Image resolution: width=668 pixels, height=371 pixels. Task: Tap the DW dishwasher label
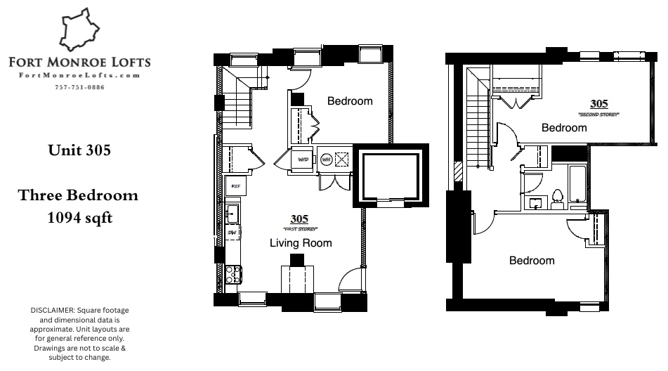pyautogui.click(x=231, y=232)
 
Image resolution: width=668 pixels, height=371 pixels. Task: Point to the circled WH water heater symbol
pyautogui.click(x=326, y=160)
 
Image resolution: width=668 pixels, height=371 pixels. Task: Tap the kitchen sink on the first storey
pyautogui.click(x=232, y=211)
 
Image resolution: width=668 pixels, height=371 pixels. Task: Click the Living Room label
pyautogui.click(x=301, y=243)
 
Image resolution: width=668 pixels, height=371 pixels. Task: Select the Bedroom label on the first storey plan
pyautogui.click(x=350, y=101)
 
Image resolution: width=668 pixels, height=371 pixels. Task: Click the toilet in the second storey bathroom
pyautogui.click(x=558, y=199)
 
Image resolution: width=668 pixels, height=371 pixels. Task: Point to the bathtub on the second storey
pyautogui.click(x=578, y=186)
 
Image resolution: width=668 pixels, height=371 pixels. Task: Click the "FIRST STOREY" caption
pyautogui.click(x=301, y=230)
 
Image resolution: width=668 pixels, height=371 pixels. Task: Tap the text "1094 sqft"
pyautogui.click(x=79, y=218)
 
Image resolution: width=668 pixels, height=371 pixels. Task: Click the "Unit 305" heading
pyautogui.click(x=79, y=150)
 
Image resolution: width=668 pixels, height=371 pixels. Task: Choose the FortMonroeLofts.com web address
pyautogui.click(x=79, y=75)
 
